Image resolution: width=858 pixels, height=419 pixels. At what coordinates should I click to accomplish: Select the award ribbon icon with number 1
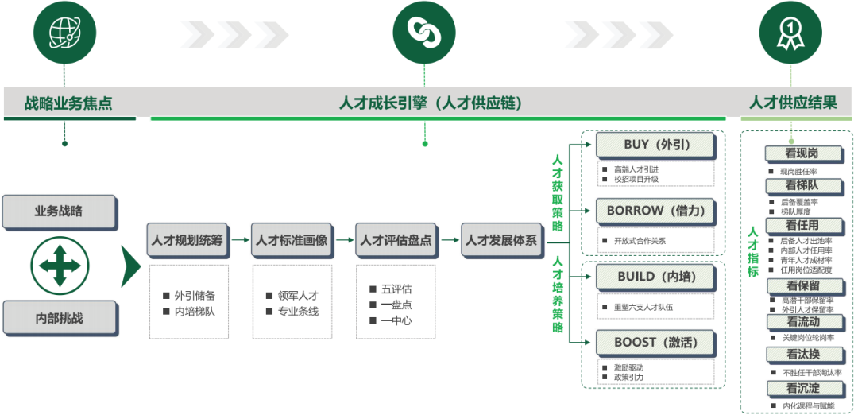(x=790, y=33)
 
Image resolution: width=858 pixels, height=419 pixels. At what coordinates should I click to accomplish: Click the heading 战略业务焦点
(x=68, y=103)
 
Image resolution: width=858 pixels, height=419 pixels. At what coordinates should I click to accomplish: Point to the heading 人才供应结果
(x=793, y=103)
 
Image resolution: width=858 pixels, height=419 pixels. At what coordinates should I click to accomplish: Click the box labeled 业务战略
(x=60, y=211)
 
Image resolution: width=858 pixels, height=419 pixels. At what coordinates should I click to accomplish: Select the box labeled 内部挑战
(x=60, y=318)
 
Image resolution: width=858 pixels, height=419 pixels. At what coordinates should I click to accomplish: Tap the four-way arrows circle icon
(x=60, y=265)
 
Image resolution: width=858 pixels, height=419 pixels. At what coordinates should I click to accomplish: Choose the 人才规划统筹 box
(x=187, y=239)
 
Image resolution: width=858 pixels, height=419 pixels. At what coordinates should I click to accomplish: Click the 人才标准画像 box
(x=290, y=239)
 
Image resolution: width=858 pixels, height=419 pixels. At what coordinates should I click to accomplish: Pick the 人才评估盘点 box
(x=395, y=239)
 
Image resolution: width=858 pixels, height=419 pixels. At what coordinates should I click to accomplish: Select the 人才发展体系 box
(x=500, y=239)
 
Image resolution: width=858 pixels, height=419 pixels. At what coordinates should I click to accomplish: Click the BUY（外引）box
(x=656, y=145)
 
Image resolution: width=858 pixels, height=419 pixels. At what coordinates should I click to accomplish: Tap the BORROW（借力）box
(x=656, y=211)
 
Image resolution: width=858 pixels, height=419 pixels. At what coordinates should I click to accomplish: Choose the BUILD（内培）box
(x=656, y=277)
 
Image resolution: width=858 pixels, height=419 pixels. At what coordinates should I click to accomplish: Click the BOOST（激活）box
(x=656, y=343)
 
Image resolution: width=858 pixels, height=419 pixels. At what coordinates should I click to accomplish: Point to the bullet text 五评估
(x=396, y=289)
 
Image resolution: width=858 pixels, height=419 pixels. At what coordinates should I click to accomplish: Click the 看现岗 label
(x=802, y=153)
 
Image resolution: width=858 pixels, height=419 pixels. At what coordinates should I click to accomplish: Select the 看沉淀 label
(x=802, y=389)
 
